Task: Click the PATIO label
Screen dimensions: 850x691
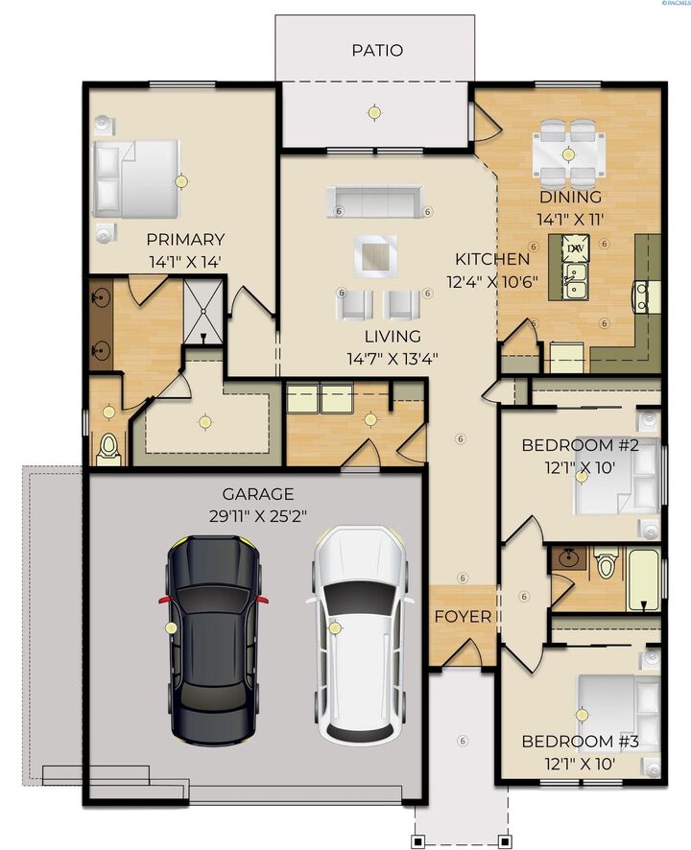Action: [x=376, y=50]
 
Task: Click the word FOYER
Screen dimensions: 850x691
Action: [x=463, y=616]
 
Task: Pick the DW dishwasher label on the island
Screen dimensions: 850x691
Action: [x=576, y=248]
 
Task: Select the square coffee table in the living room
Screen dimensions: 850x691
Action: [x=375, y=255]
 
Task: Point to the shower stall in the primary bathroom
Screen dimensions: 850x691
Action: [x=203, y=310]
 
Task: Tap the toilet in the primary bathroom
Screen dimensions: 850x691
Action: [x=108, y=446]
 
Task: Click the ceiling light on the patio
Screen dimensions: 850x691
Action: [x=373, y=111]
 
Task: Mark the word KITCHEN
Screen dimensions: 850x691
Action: [x=491, y=259]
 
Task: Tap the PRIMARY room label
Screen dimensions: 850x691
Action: [x=185, y=239]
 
